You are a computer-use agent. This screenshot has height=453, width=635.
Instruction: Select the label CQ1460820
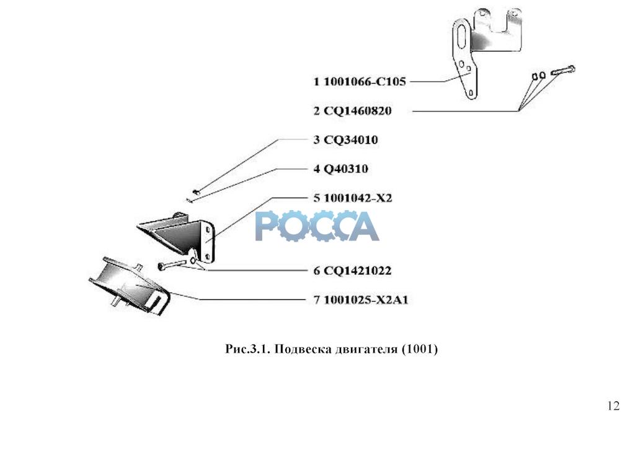[x=358, y=111]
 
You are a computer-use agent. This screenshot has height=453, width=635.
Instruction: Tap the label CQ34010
[x=350, y=140]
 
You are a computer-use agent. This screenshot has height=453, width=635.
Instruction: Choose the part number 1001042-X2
[x=358, y=198]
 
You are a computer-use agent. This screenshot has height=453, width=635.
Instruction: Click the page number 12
[x=613, y=407]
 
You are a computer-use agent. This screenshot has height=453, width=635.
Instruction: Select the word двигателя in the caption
[x=363, y=350]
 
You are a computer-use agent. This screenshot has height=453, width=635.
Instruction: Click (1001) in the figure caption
[x=420, y=350]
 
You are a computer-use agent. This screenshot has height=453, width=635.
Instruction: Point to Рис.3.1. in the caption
[x=247, y=350]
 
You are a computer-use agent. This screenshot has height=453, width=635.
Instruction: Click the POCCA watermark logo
[x=317, y=226]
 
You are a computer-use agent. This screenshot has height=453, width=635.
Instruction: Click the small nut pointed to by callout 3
[x=195, y=191]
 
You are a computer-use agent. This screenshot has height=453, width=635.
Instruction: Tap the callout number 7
[x=316, y=300]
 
